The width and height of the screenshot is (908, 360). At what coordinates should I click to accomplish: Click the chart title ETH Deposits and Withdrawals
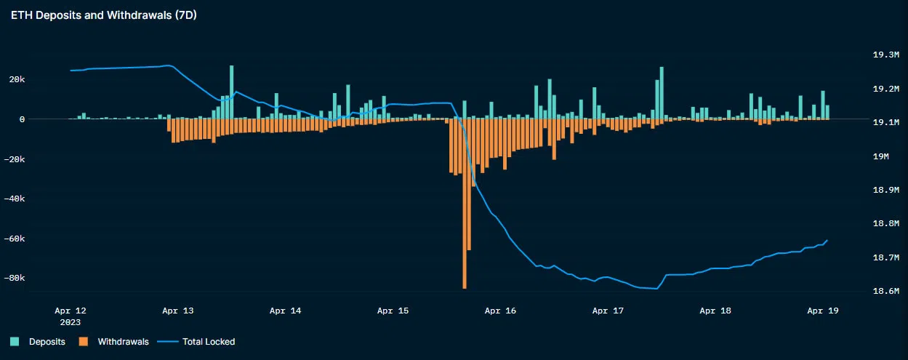(x=103, y=15)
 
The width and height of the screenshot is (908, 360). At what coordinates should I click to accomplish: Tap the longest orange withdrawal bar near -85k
(x=465, y=218)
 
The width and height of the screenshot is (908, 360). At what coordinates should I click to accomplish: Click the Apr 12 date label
(x=71, y=311)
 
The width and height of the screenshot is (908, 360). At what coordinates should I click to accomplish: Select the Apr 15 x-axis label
(x=393, y=311)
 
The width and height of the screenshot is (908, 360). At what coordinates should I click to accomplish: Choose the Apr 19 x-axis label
(x=823, y=311)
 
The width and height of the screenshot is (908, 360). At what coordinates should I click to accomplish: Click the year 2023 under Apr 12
(x=71, y=321)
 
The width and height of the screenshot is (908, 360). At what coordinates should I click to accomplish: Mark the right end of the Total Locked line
(x=827, y=240)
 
